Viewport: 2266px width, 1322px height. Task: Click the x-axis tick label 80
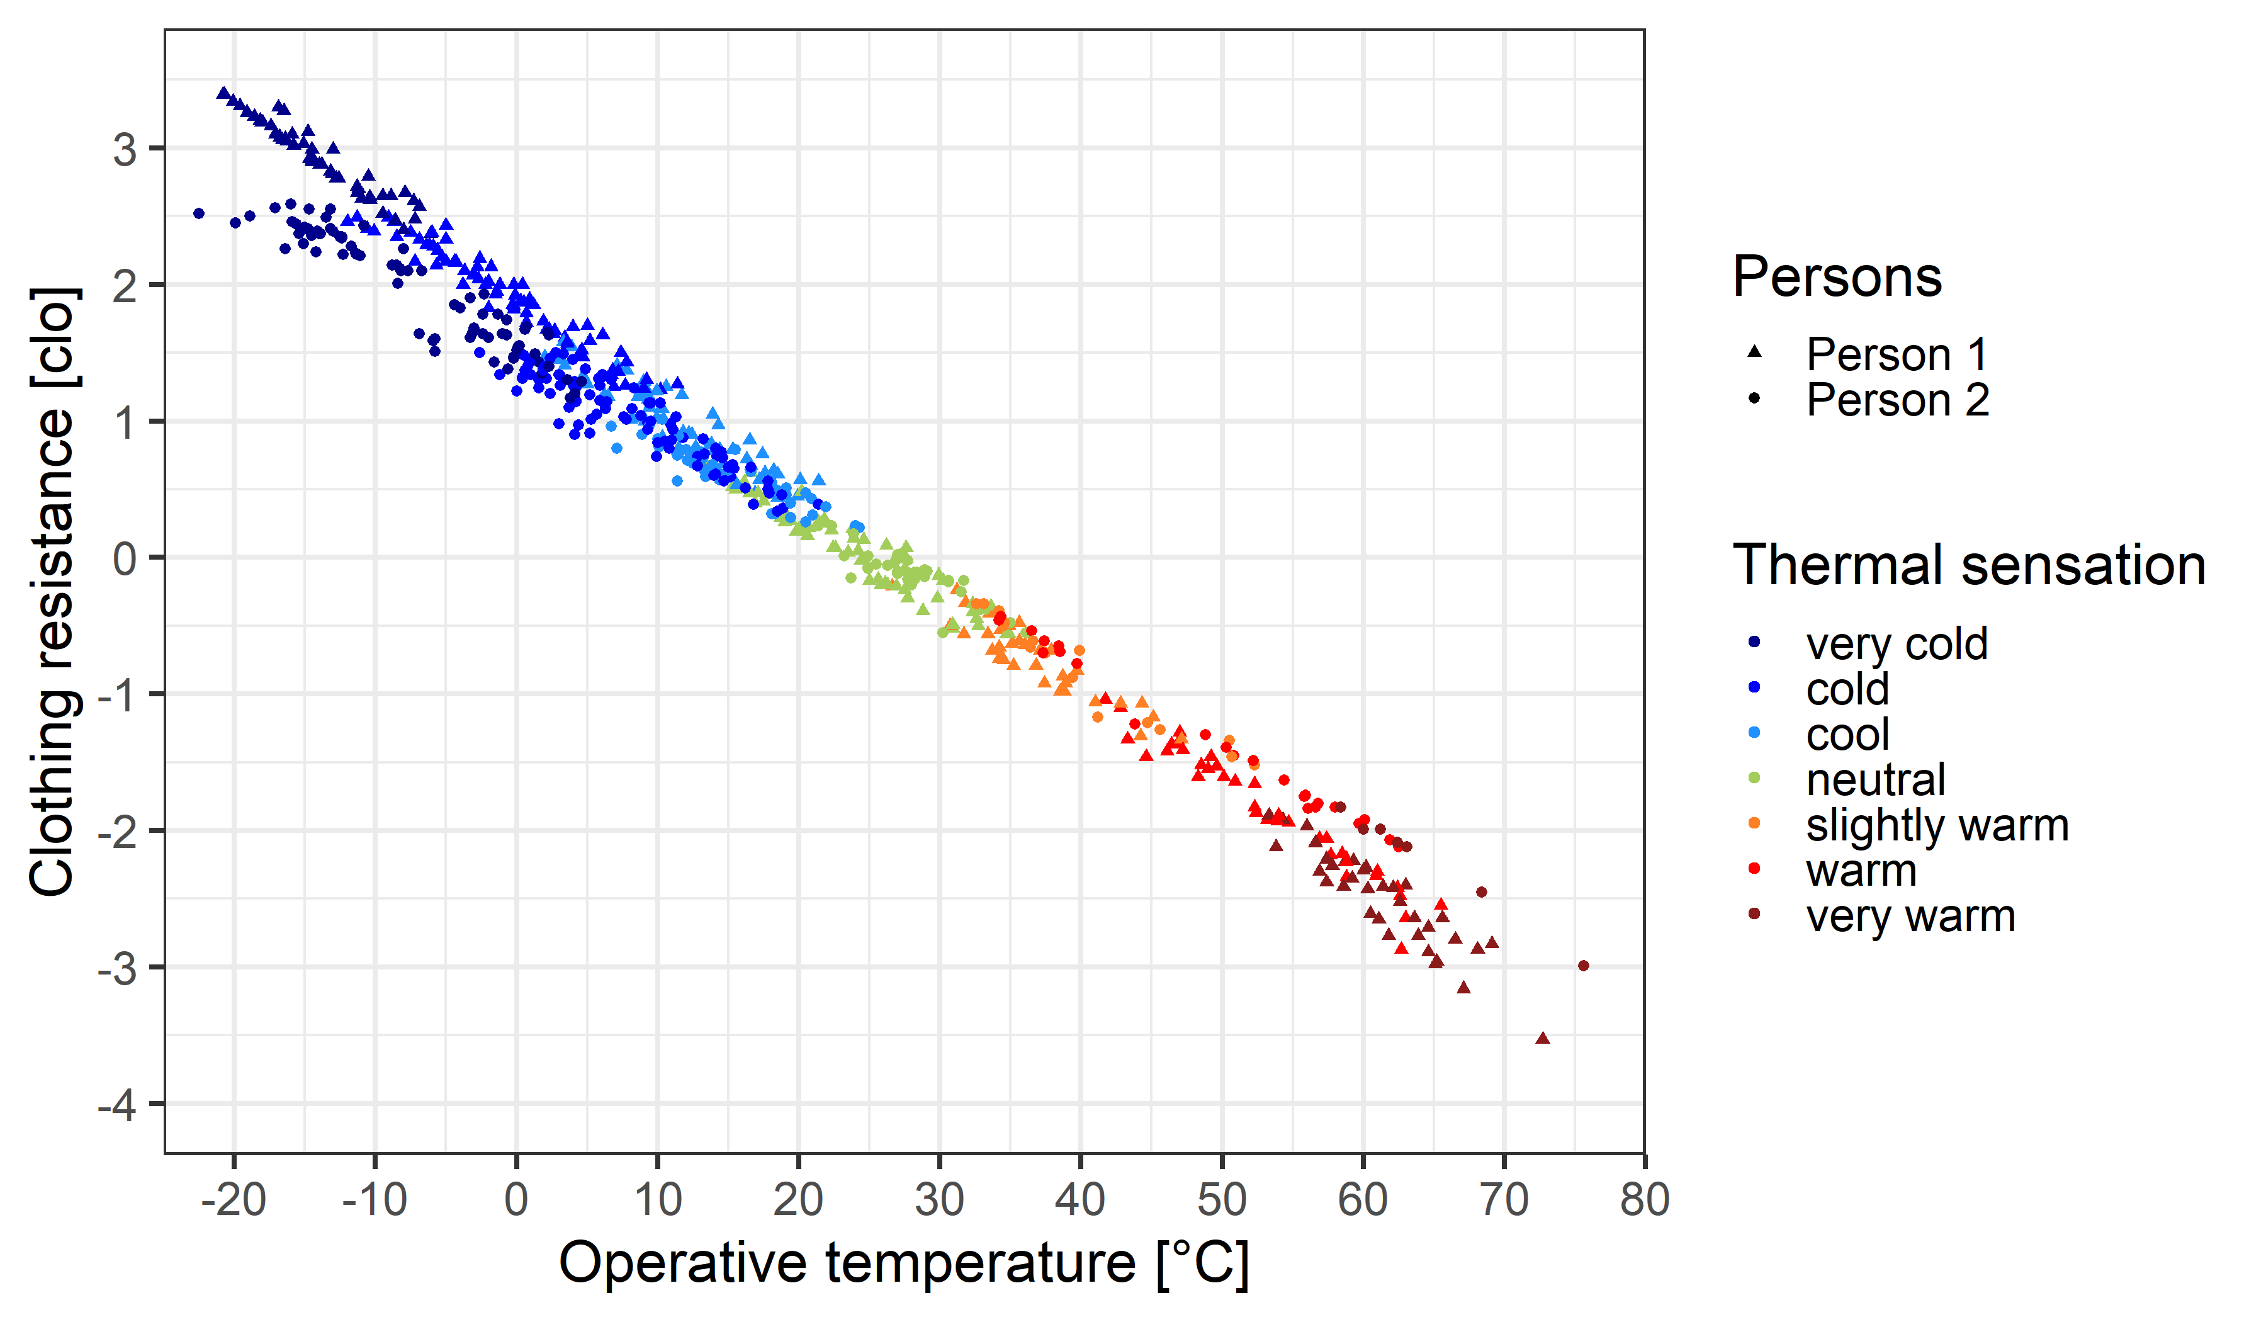click(x=1645, y=1200)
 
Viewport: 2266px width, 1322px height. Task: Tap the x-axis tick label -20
click(x=233, y=1200)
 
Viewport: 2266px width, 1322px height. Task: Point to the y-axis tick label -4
click(x=118, y=1104)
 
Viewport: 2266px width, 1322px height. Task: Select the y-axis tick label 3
click(x=125, y=149)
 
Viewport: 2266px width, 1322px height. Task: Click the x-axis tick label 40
click(x=1080, y=1200)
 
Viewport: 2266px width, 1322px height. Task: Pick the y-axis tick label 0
click(x=125, y=558)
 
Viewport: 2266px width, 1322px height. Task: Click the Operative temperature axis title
click(x=904, y=1263)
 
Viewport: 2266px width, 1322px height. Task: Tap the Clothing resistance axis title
click(x=52, y=592)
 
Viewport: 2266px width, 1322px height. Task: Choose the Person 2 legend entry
click(x=1897, y=400)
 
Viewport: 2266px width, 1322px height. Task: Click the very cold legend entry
click(x=1895, y=644)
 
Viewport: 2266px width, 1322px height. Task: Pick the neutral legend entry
click(x=1875, y=780)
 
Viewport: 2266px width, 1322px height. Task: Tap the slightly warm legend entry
click(x=1936, y=825)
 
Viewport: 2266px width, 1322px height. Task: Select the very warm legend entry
click(x=1910, y=917)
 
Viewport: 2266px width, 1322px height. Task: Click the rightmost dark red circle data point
click(x=1584, y=966)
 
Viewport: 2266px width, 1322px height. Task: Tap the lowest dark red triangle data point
click(x=1543, y=1039)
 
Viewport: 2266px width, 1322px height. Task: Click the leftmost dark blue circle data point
click(x=199, y=214)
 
